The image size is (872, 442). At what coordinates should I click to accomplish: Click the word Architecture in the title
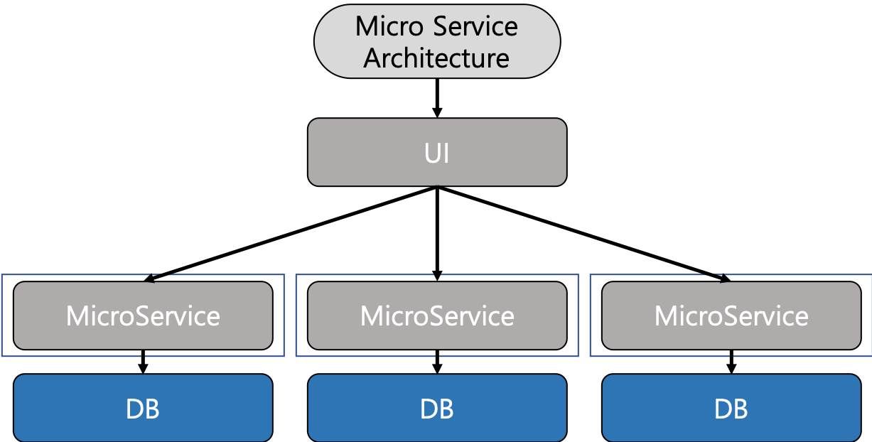pyautogui.click(x=436, y=58)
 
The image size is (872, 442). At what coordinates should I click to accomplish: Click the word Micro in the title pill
pyautogui.click(x=389, y=26)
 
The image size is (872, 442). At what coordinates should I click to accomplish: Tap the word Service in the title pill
pyautogui.click(x=475, y=26)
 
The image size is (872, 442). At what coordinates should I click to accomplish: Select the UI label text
pyautogui.click(x=437, y=153)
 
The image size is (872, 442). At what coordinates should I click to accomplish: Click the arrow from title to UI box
pyautogui.click(x=437, y=98)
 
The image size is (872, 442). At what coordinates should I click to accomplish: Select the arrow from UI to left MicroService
pyautogui.click(x=290, y=234)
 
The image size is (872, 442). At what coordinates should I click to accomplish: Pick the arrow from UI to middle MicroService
pyautogui.click(x=437, y=234)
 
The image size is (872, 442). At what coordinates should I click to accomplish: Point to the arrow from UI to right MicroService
pyautogui.click(x=584, y=234)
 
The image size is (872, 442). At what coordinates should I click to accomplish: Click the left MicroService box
pyautogui.click(x=143, y=316)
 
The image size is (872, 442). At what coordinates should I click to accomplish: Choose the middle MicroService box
pyautogui.click(x=437, y=316)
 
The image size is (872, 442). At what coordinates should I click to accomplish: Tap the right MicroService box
pyautogui.click(x=731, y=316)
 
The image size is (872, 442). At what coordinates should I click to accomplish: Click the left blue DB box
pyautogui.click(x=143, y=408)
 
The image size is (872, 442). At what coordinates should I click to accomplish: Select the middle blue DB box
pyautogui.click(x=437, y=408)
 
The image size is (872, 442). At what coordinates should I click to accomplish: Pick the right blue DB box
pyautogui.click(x=731, y=408)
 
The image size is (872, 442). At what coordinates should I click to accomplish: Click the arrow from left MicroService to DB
pyautogui.click(x=143, y=362)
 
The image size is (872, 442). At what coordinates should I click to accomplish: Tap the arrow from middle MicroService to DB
pyautogui.click(x=437, y=362)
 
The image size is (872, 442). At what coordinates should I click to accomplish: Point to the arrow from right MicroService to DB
pyautogui.click(x=731, y=362)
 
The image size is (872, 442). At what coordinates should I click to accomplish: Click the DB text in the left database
pyautogui.click(x=143, y=409)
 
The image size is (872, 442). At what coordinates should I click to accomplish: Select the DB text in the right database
pyautogui.click(x=731, y=409)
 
